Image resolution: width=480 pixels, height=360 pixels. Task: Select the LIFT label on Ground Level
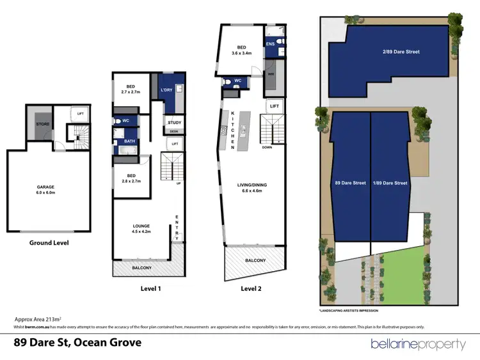80,114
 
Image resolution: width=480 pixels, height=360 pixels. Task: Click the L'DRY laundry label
167,90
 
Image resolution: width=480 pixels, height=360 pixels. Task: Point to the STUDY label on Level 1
174,122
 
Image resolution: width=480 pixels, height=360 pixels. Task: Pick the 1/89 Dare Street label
390,183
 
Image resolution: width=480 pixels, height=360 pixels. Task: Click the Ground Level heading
49,243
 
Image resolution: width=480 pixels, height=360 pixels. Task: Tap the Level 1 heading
151,289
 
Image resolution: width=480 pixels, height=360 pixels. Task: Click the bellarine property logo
418,344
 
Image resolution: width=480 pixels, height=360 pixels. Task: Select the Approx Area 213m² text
37,318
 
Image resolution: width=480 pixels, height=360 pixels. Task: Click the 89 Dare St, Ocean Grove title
77,342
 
